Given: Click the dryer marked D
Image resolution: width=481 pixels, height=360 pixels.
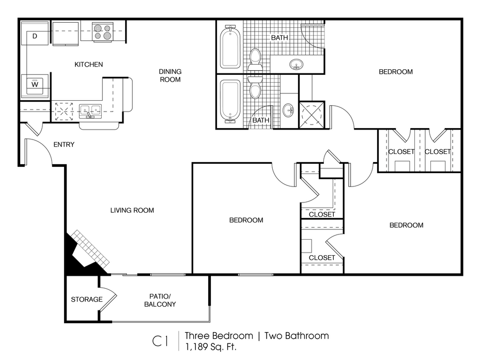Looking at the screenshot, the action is [x=35, y=33].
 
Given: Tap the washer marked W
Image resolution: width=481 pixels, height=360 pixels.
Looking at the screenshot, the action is [x=35, y=86].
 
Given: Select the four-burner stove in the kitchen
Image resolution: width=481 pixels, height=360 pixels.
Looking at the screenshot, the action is [x=102, y=32].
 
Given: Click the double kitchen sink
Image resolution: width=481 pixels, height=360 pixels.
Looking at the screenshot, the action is [x=90, y=112].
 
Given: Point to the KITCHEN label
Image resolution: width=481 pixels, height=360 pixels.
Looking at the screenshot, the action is [x=89, y=65].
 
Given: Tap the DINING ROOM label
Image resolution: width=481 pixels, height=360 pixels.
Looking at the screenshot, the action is [x=170, y=75].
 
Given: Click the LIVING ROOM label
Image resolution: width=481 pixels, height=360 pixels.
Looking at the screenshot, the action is [x=132, y=210].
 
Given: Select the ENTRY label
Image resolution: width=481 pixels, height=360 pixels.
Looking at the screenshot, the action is [x=64, y=145].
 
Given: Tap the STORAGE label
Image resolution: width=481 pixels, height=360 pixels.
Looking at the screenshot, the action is [x=86, y=299].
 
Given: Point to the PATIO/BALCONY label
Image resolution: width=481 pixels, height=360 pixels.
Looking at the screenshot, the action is [x=160, y=300].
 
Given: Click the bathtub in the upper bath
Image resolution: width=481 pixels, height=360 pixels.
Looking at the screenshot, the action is [x=230, y=47].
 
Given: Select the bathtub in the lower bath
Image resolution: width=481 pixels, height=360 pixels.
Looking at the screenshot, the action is [x=230, y=100].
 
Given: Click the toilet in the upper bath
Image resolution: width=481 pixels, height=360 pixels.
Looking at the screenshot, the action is [x=255, y=59].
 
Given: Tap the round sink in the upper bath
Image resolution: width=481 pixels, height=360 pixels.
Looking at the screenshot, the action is [x=296, y=65].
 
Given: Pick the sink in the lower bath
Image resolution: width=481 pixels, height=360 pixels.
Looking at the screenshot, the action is [x=288, y=110].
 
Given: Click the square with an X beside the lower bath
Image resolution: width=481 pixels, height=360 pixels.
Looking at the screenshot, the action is [x=312, y=114].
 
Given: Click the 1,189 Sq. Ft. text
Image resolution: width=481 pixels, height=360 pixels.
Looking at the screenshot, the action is [x=210, y=347].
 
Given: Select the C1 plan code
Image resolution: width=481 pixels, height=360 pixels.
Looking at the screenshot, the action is [x=160, y=341].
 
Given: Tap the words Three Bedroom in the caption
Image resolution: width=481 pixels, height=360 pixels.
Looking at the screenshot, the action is [x=219, y=336].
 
